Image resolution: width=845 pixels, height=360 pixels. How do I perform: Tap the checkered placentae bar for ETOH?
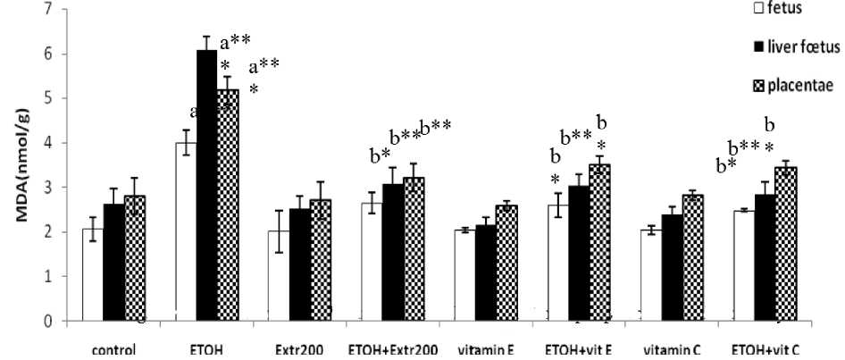pos(228,205)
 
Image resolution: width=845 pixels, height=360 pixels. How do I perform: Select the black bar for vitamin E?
pos(486,272)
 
